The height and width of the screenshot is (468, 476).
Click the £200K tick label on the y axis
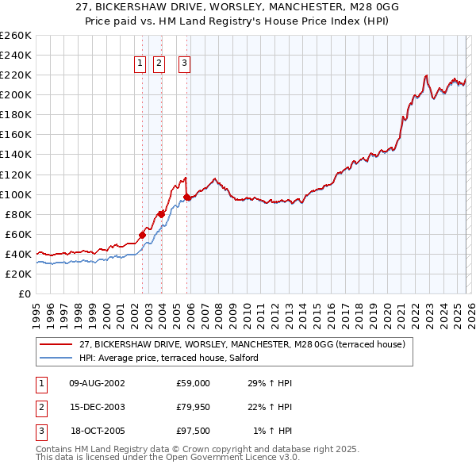15,94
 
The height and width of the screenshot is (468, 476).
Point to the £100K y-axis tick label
15,194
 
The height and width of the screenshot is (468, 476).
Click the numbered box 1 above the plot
140,64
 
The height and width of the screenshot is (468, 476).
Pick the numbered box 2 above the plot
159,64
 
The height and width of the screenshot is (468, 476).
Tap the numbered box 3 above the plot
184,64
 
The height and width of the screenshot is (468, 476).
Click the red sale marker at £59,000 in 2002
143,235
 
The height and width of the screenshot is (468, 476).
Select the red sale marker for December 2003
161,213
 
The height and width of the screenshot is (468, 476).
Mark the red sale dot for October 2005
187,197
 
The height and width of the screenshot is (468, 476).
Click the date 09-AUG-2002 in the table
98,383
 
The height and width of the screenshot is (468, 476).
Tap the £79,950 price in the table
194,407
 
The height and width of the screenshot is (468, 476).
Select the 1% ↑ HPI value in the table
272,431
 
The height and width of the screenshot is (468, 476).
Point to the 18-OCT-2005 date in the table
98,431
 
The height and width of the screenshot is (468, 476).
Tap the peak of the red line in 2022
426,76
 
